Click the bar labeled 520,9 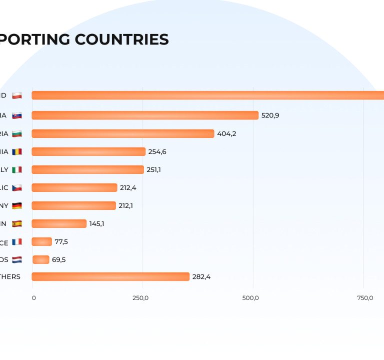pos(145,115)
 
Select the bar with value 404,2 pos(122,133)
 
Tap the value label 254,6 pos(157,151)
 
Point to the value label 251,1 pos(153,169)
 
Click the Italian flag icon pos(17,169)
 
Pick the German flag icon pos(17,205)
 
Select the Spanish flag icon pos(17,223)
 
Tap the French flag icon pos(17,241)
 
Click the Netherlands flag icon pos(17,259)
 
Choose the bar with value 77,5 pos(42,241)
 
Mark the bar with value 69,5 pos(41,259)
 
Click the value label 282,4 pos(201,276)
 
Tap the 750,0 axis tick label pos(365,298)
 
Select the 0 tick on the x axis pos(34,298)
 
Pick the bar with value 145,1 pos(59,223)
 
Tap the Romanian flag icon pos(17,151)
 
